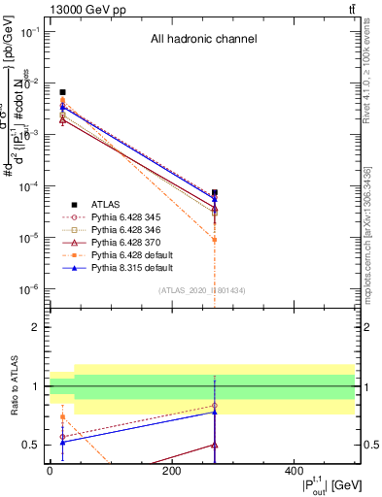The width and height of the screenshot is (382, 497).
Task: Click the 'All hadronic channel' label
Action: pyautogui.click(x=203, y=40)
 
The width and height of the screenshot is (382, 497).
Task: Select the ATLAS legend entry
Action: pyautogui.click(x=106, y=204)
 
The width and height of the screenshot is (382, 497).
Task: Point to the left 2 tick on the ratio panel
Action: pyautogui.click(x=37, y=327)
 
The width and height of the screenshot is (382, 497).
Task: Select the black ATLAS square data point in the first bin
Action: pyautogui.click(x=62, y=92)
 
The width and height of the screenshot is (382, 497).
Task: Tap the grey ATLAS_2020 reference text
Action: pyautogui.click(x=202, y=290)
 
